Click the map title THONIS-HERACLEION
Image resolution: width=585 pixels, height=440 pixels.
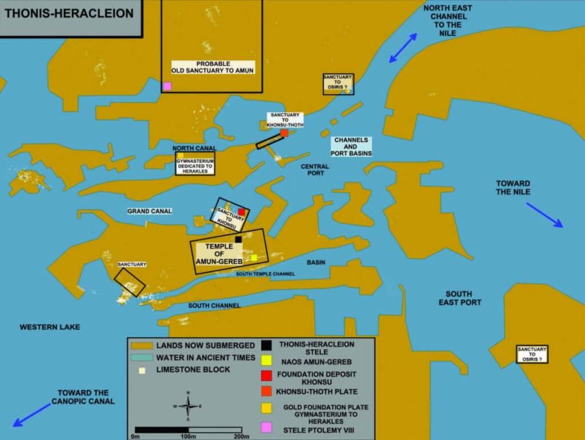69,13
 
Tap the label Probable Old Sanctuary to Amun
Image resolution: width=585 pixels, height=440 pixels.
213,67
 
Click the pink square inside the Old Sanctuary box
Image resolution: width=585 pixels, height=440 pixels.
167,86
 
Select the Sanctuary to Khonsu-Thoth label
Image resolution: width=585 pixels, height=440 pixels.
285,119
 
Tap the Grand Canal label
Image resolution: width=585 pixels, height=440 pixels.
150,211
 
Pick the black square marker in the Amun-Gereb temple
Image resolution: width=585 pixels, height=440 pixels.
238,240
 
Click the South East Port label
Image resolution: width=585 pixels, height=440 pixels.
460,298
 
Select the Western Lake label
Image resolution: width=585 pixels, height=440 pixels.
50,327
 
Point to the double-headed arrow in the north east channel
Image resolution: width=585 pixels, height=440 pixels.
403,48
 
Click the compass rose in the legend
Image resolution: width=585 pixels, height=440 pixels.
188,406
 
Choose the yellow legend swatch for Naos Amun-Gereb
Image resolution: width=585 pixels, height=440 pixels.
266,361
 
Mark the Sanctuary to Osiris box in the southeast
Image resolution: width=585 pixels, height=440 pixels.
531,354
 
